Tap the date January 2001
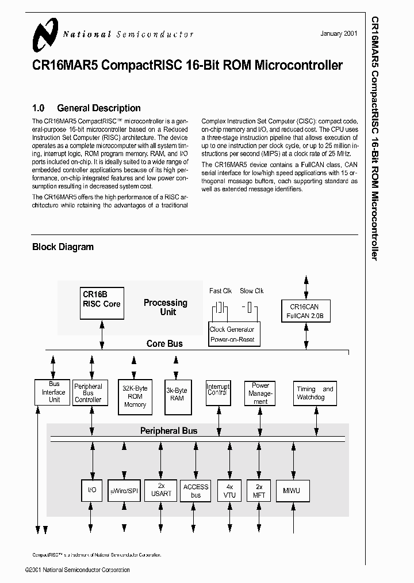338,33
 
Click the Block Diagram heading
63,247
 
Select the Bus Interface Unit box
54,392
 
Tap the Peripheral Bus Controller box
89,393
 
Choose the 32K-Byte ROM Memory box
135,396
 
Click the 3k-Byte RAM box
177,396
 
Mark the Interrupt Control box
218,390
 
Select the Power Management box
260,393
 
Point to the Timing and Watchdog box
315,393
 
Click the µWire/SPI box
124,491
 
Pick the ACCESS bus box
195,491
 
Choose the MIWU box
292,491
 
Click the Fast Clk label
220,291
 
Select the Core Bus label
164,344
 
